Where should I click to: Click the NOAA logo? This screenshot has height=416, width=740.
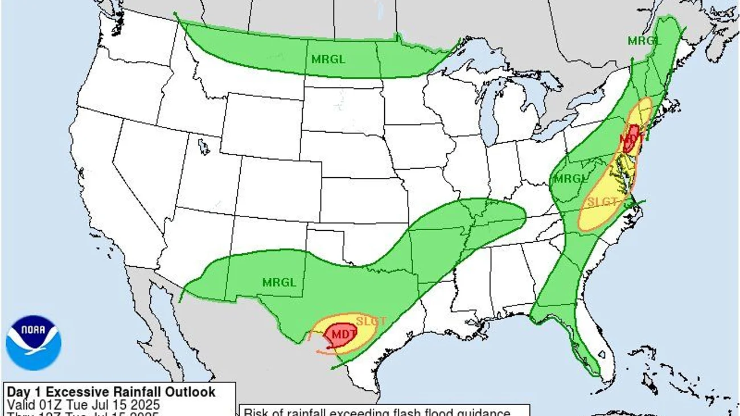33,343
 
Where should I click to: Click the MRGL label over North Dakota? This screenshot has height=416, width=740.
328,59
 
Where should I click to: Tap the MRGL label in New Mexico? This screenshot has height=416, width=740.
279,282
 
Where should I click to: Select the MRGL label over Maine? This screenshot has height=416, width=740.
644,40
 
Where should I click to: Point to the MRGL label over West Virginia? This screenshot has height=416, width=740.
570,179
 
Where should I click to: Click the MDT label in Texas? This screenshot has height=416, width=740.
344,334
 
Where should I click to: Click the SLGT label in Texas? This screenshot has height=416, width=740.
371,321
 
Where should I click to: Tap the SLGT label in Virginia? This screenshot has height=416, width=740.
602,202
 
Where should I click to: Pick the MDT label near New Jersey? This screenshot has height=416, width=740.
631,137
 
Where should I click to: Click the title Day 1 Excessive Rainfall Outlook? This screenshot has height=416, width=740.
111,392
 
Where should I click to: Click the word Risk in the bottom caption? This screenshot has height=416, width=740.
256,412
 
